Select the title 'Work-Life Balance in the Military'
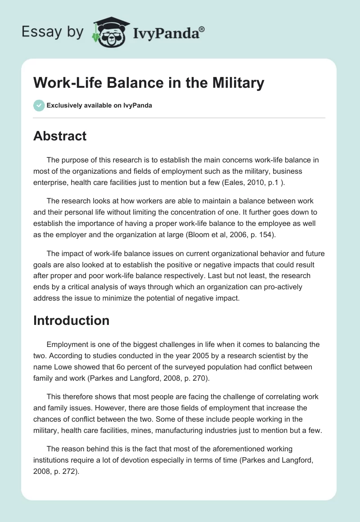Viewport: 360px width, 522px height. pos(148,83)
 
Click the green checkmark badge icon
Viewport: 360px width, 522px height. pos(39,105)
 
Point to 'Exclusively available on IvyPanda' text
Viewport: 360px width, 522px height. pos(99,105)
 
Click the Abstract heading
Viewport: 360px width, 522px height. pos(60,136)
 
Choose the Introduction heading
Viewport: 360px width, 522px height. pos(72,320)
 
